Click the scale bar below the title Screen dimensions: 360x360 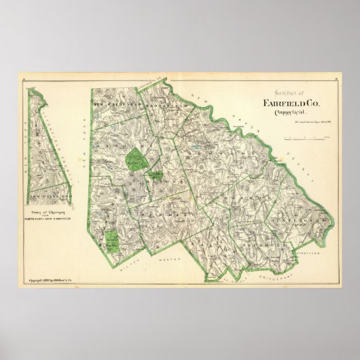pyautogui.click(x=306, y=138)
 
